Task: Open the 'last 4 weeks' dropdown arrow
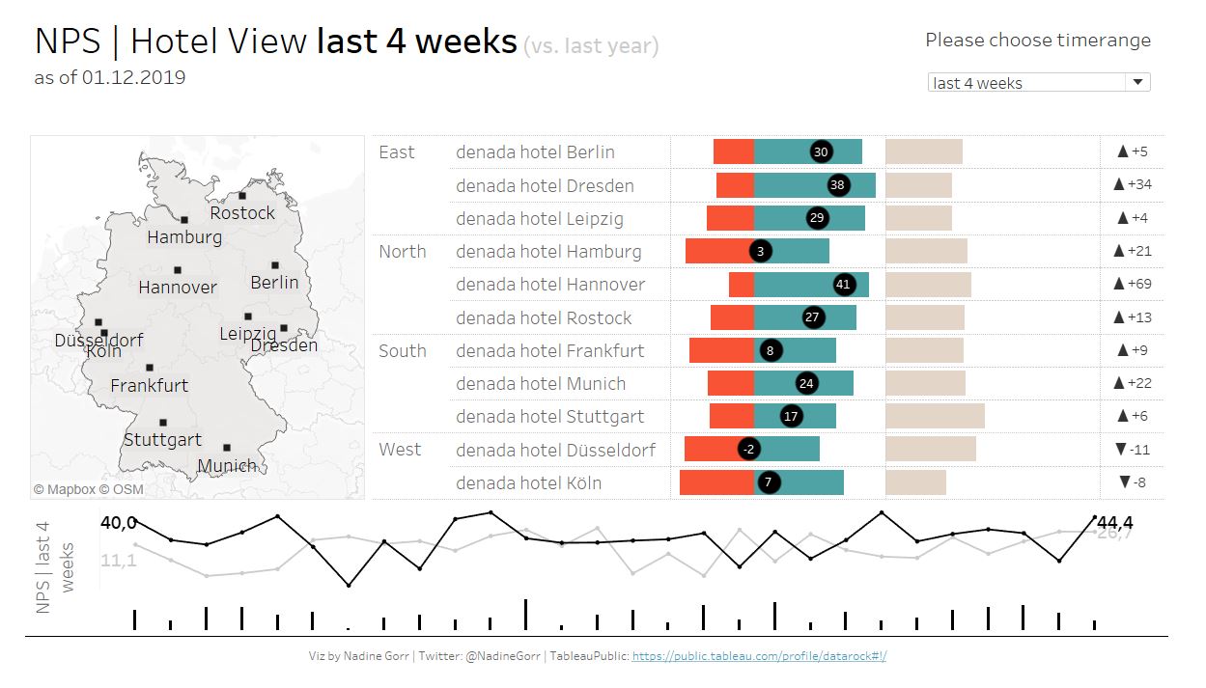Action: point(1137,83)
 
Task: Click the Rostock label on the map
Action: point(242,213)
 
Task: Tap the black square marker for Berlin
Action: point(275,265)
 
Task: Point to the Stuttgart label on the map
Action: point(162,440)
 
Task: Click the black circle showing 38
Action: point(837,185)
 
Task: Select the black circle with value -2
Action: point(749,450)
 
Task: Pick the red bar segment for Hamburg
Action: point(718,252)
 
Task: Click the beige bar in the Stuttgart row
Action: point(935,416)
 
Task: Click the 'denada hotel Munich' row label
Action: point(541,384)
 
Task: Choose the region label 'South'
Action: point(403,351)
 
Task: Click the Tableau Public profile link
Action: point(759,656)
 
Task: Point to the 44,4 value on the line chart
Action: point(1115,523)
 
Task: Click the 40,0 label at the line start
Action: point(119,523)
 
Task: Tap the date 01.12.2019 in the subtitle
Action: point(134,78)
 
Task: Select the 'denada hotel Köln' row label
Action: point(528,483)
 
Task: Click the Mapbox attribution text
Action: point(65,489)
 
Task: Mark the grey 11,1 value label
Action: point(118,560)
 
